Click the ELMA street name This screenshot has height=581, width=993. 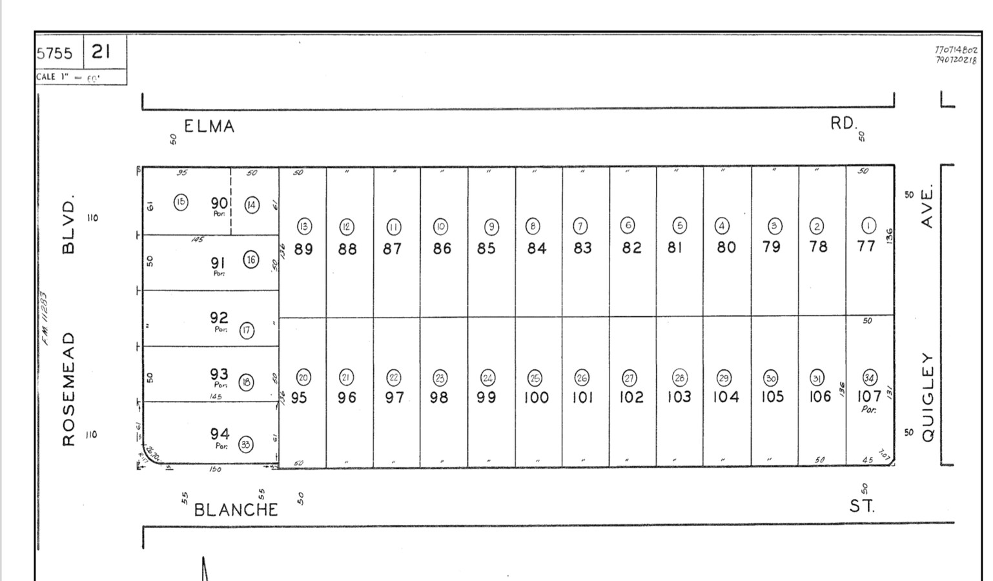click(x=209, y=126)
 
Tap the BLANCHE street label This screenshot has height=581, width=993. click(x=236, y=509)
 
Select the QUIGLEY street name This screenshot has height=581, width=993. click(x=928, y=397)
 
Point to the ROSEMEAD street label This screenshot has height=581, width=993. click(x=69, y=389)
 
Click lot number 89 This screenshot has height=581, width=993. click(x=303, y=249)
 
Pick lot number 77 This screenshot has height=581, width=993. click(x=866, y=246)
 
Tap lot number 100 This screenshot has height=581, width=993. click(x=536, y=397)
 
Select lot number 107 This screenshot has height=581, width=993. click(x=869, y=396)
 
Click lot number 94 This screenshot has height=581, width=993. click(x=219, y=434)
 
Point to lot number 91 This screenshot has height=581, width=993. click(x=218, y=263)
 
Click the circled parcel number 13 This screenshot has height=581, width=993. click(x=304, y=227)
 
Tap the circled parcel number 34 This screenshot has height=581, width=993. click(x=870, y=377)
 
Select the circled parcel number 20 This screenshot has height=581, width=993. click(x=303, y=377)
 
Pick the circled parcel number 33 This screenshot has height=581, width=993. click(x=246, y=444)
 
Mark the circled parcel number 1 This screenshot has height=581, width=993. click(x=868, y=225)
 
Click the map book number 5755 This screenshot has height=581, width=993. click(x=55, y=53)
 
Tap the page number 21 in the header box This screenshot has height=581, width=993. click(x=101, y=51)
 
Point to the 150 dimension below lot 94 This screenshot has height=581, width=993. click(x=215, y=469)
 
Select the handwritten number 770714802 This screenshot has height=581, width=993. click(x=956, y=50)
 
